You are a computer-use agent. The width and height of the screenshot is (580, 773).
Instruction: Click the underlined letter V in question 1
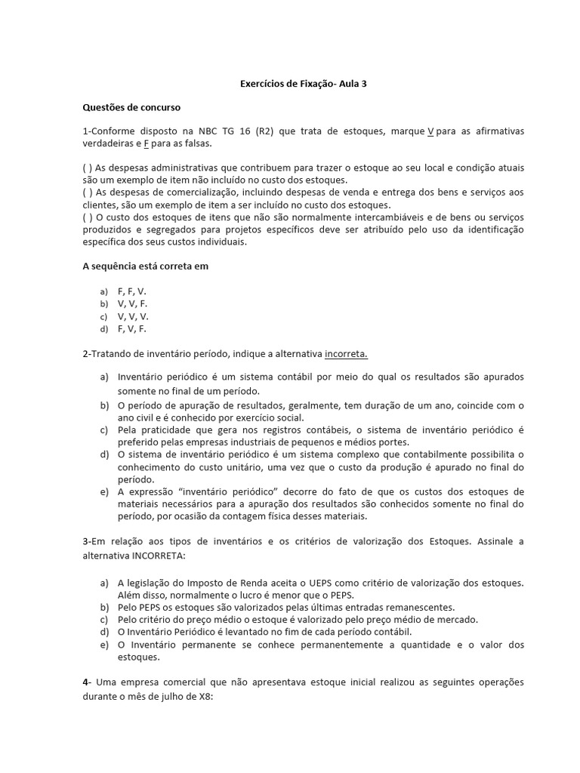pyautogui.click(x=430, y=131)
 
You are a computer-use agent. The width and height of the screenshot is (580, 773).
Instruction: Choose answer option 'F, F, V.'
pyautogui.click(x=132, y=291)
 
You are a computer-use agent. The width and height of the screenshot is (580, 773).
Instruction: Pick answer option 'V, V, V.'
pyautogui.click(x=134, y=316)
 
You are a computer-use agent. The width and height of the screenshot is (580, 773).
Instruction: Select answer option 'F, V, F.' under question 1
pyautogui.click(x=132, y=329)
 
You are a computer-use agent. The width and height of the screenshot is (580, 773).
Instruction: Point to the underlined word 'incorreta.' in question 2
pyautogui.click(x=347, y=354)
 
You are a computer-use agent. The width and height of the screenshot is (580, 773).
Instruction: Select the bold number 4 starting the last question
pyautogui.click(x=85, y=682)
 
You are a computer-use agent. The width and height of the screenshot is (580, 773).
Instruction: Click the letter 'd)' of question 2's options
pyautogui.click(x=103, y=455)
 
